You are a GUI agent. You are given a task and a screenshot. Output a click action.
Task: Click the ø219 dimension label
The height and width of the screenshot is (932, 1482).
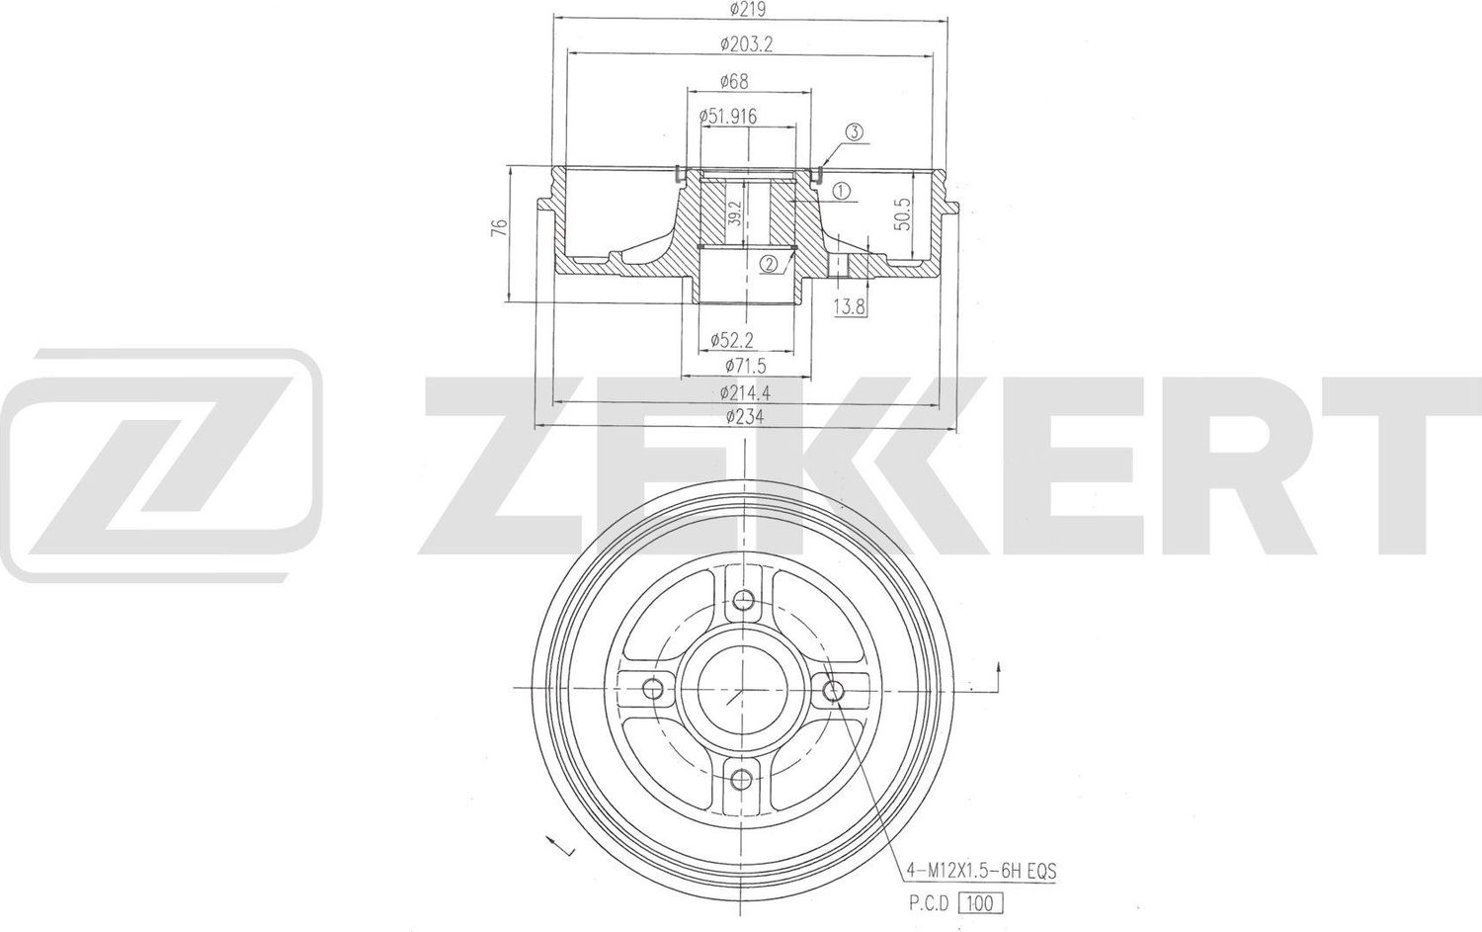[748, 10]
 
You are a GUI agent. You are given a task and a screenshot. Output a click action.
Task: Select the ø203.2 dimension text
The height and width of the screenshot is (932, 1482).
[747, 43]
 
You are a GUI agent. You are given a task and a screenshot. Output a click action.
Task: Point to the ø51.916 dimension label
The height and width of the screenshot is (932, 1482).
[728, 117]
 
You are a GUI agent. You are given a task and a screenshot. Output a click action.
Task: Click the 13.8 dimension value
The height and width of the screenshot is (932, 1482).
[849, 307]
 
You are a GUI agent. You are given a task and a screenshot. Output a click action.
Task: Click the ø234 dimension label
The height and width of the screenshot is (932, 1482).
[744, 417]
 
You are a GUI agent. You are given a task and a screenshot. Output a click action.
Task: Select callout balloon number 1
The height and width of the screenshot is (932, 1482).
[841, 192]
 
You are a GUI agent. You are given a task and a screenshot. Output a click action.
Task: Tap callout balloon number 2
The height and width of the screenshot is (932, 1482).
[770, 263]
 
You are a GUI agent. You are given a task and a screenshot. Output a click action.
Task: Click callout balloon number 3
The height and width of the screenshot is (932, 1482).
[855, 131]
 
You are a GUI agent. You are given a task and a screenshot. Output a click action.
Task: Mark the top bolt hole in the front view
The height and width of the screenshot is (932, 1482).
[745, 599]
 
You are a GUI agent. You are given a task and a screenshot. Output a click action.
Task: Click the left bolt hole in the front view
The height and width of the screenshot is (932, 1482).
[652, 689]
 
